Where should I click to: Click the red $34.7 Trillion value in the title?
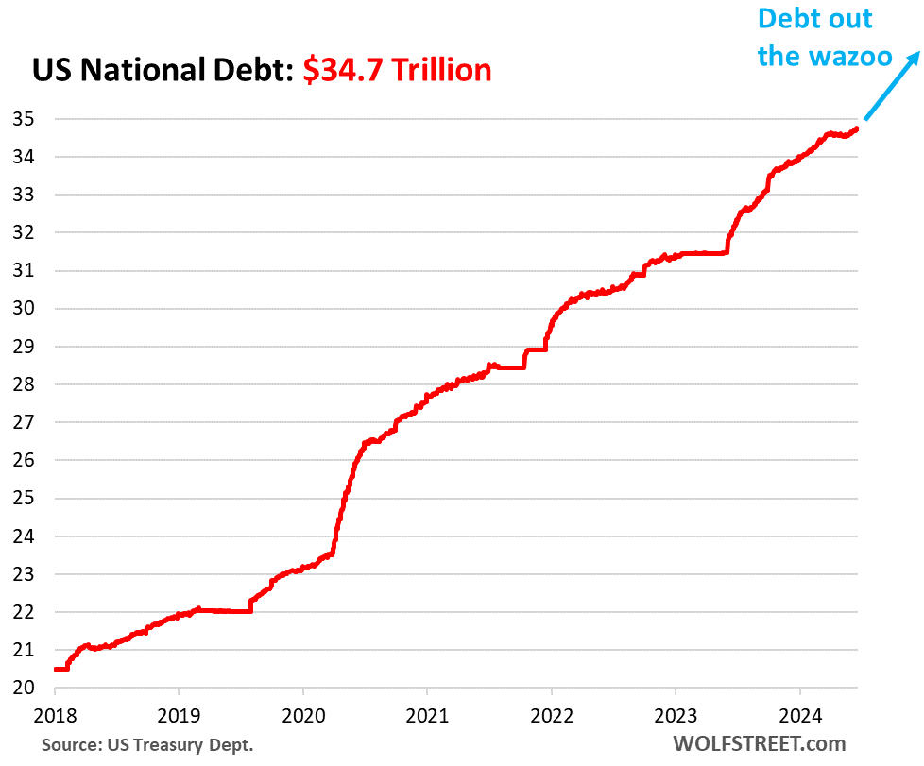397,70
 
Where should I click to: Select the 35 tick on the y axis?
23,119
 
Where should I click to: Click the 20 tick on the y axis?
23,688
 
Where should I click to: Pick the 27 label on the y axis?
23,422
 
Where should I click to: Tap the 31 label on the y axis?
23,270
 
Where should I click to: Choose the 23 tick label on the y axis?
23,574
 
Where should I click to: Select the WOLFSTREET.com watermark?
759,744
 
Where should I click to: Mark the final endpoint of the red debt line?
856,128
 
